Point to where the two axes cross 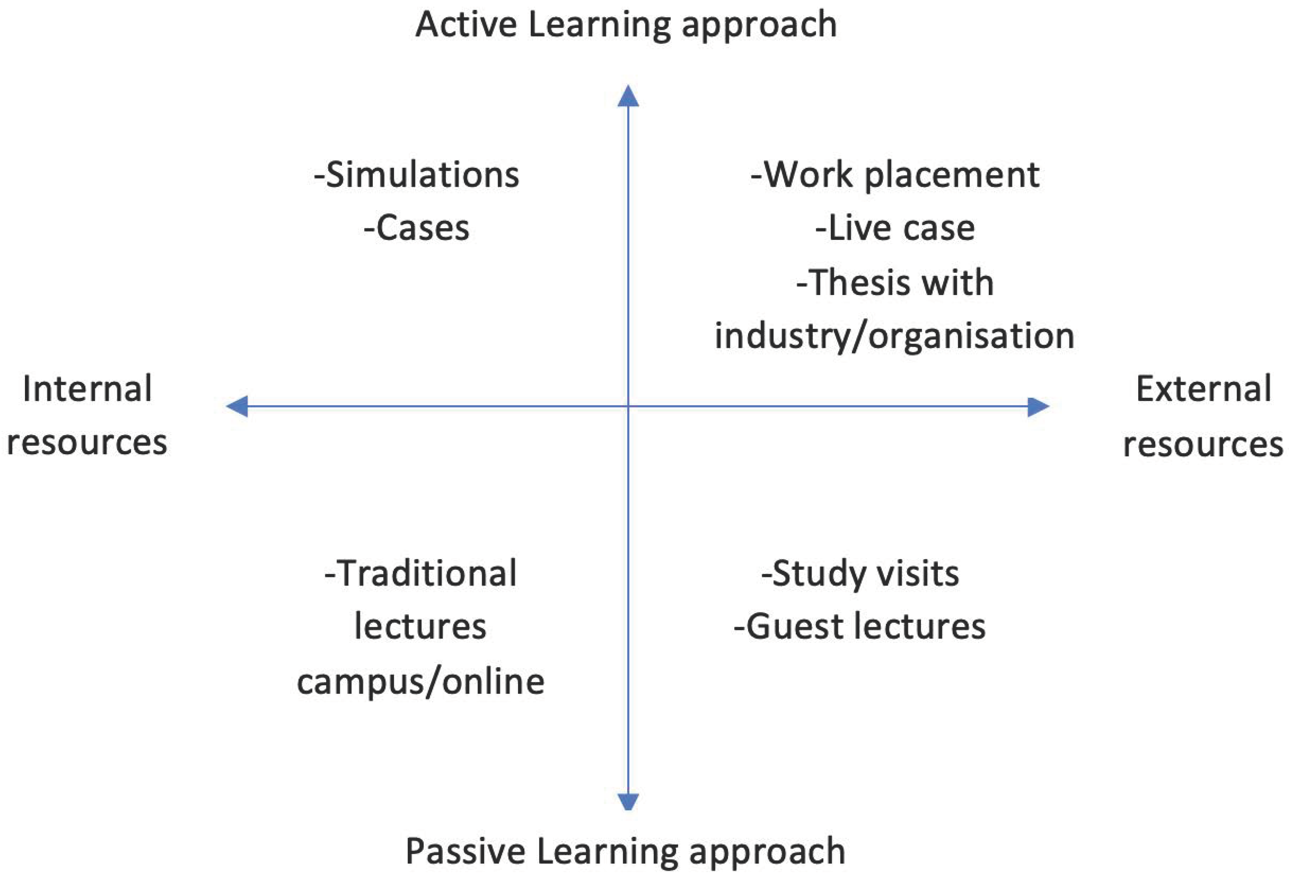click(628, 406)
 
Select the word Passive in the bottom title click(465, 851)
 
